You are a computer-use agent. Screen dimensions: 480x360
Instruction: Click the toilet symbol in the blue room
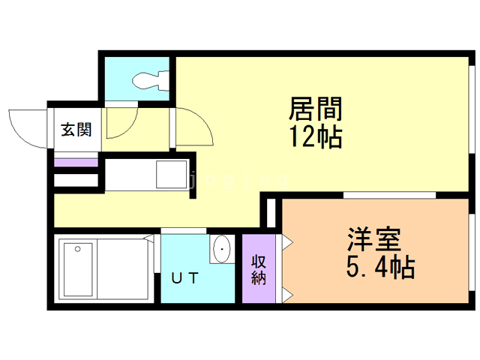(151, 80)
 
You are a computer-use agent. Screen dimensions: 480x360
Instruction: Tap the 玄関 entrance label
(76, 130)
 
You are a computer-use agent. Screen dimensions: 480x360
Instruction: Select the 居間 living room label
(316, 108)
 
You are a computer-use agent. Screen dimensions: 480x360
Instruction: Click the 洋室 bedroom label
(373, 239)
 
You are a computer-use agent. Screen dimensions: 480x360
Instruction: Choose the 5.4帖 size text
(380, 267)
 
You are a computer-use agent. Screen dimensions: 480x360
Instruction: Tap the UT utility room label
(184, 278)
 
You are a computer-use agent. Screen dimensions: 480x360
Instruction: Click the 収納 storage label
(259, 270)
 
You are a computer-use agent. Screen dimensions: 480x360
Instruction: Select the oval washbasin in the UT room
(222, 249)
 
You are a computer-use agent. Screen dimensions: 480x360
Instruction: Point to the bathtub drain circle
(78, 249)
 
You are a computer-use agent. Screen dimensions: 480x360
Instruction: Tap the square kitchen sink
(172, 174)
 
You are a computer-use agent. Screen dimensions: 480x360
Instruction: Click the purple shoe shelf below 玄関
(76, 163)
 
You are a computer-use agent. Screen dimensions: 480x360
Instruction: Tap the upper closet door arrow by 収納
(287, 242)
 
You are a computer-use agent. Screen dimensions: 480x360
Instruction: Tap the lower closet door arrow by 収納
(287, 295)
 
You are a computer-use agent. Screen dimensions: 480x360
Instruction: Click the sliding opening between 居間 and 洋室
(389, 195)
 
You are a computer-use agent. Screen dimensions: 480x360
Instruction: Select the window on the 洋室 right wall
(472, 252)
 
